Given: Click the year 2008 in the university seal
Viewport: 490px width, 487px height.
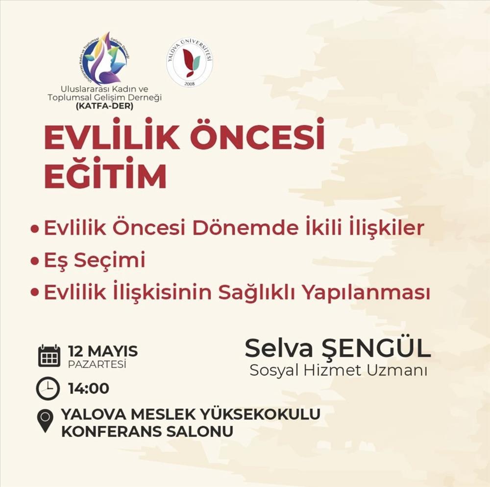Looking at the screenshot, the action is click(189, 83).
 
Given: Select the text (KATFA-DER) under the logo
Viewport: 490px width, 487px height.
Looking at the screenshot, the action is click(105, 106).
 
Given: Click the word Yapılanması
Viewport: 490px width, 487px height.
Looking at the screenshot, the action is click(367, 294).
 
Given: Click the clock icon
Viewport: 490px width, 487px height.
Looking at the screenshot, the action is click(48, 389).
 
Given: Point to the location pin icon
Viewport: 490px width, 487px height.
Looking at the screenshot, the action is click(45, 421).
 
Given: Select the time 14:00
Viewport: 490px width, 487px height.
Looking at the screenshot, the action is click(89, 389).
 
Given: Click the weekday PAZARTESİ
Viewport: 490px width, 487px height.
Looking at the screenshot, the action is click(97, 364).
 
